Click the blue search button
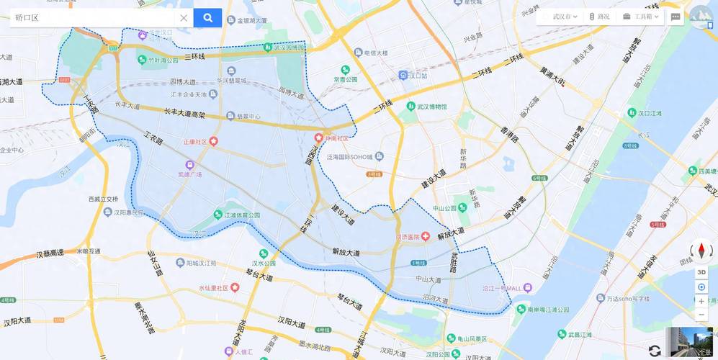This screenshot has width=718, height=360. click(x=207, y=18)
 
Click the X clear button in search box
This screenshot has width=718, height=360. click(x=184, y=18)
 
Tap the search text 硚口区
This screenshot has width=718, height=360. click(x=27, y=18)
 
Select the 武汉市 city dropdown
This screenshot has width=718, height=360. click(x=565, y=17)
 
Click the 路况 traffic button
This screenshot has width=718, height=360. click(x=599, y=17)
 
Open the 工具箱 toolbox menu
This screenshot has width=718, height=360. click(x=639, y=17)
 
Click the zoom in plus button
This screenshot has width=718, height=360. click(x=701, y=301)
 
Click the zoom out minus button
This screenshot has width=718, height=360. click(x=701, y=315)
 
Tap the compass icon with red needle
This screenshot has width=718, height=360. click(x=701, y=251)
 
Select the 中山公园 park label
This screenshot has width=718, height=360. click(x=445, y=208)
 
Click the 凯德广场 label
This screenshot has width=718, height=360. click(x=190, y=174)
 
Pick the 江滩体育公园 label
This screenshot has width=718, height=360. click(x=241, y=215)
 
